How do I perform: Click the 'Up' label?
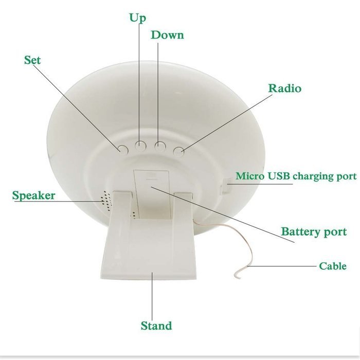tap(137, 18)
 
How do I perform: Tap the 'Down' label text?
tap(167, 35)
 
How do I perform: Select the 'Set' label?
tap(32, 60)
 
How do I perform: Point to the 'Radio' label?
tap(285, 88)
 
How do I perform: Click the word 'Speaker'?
tap(33, 195)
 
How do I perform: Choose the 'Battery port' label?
tap(314, 231)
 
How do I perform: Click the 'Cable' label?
tap(333, 266)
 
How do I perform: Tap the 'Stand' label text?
tap(156, 326)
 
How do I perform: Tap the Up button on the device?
tap(141, 146)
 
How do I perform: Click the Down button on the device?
tap(160, 146)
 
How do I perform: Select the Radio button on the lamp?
tap(178, 151)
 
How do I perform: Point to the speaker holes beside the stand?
tap(106, 199)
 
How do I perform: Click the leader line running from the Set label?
tap(77, 108)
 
